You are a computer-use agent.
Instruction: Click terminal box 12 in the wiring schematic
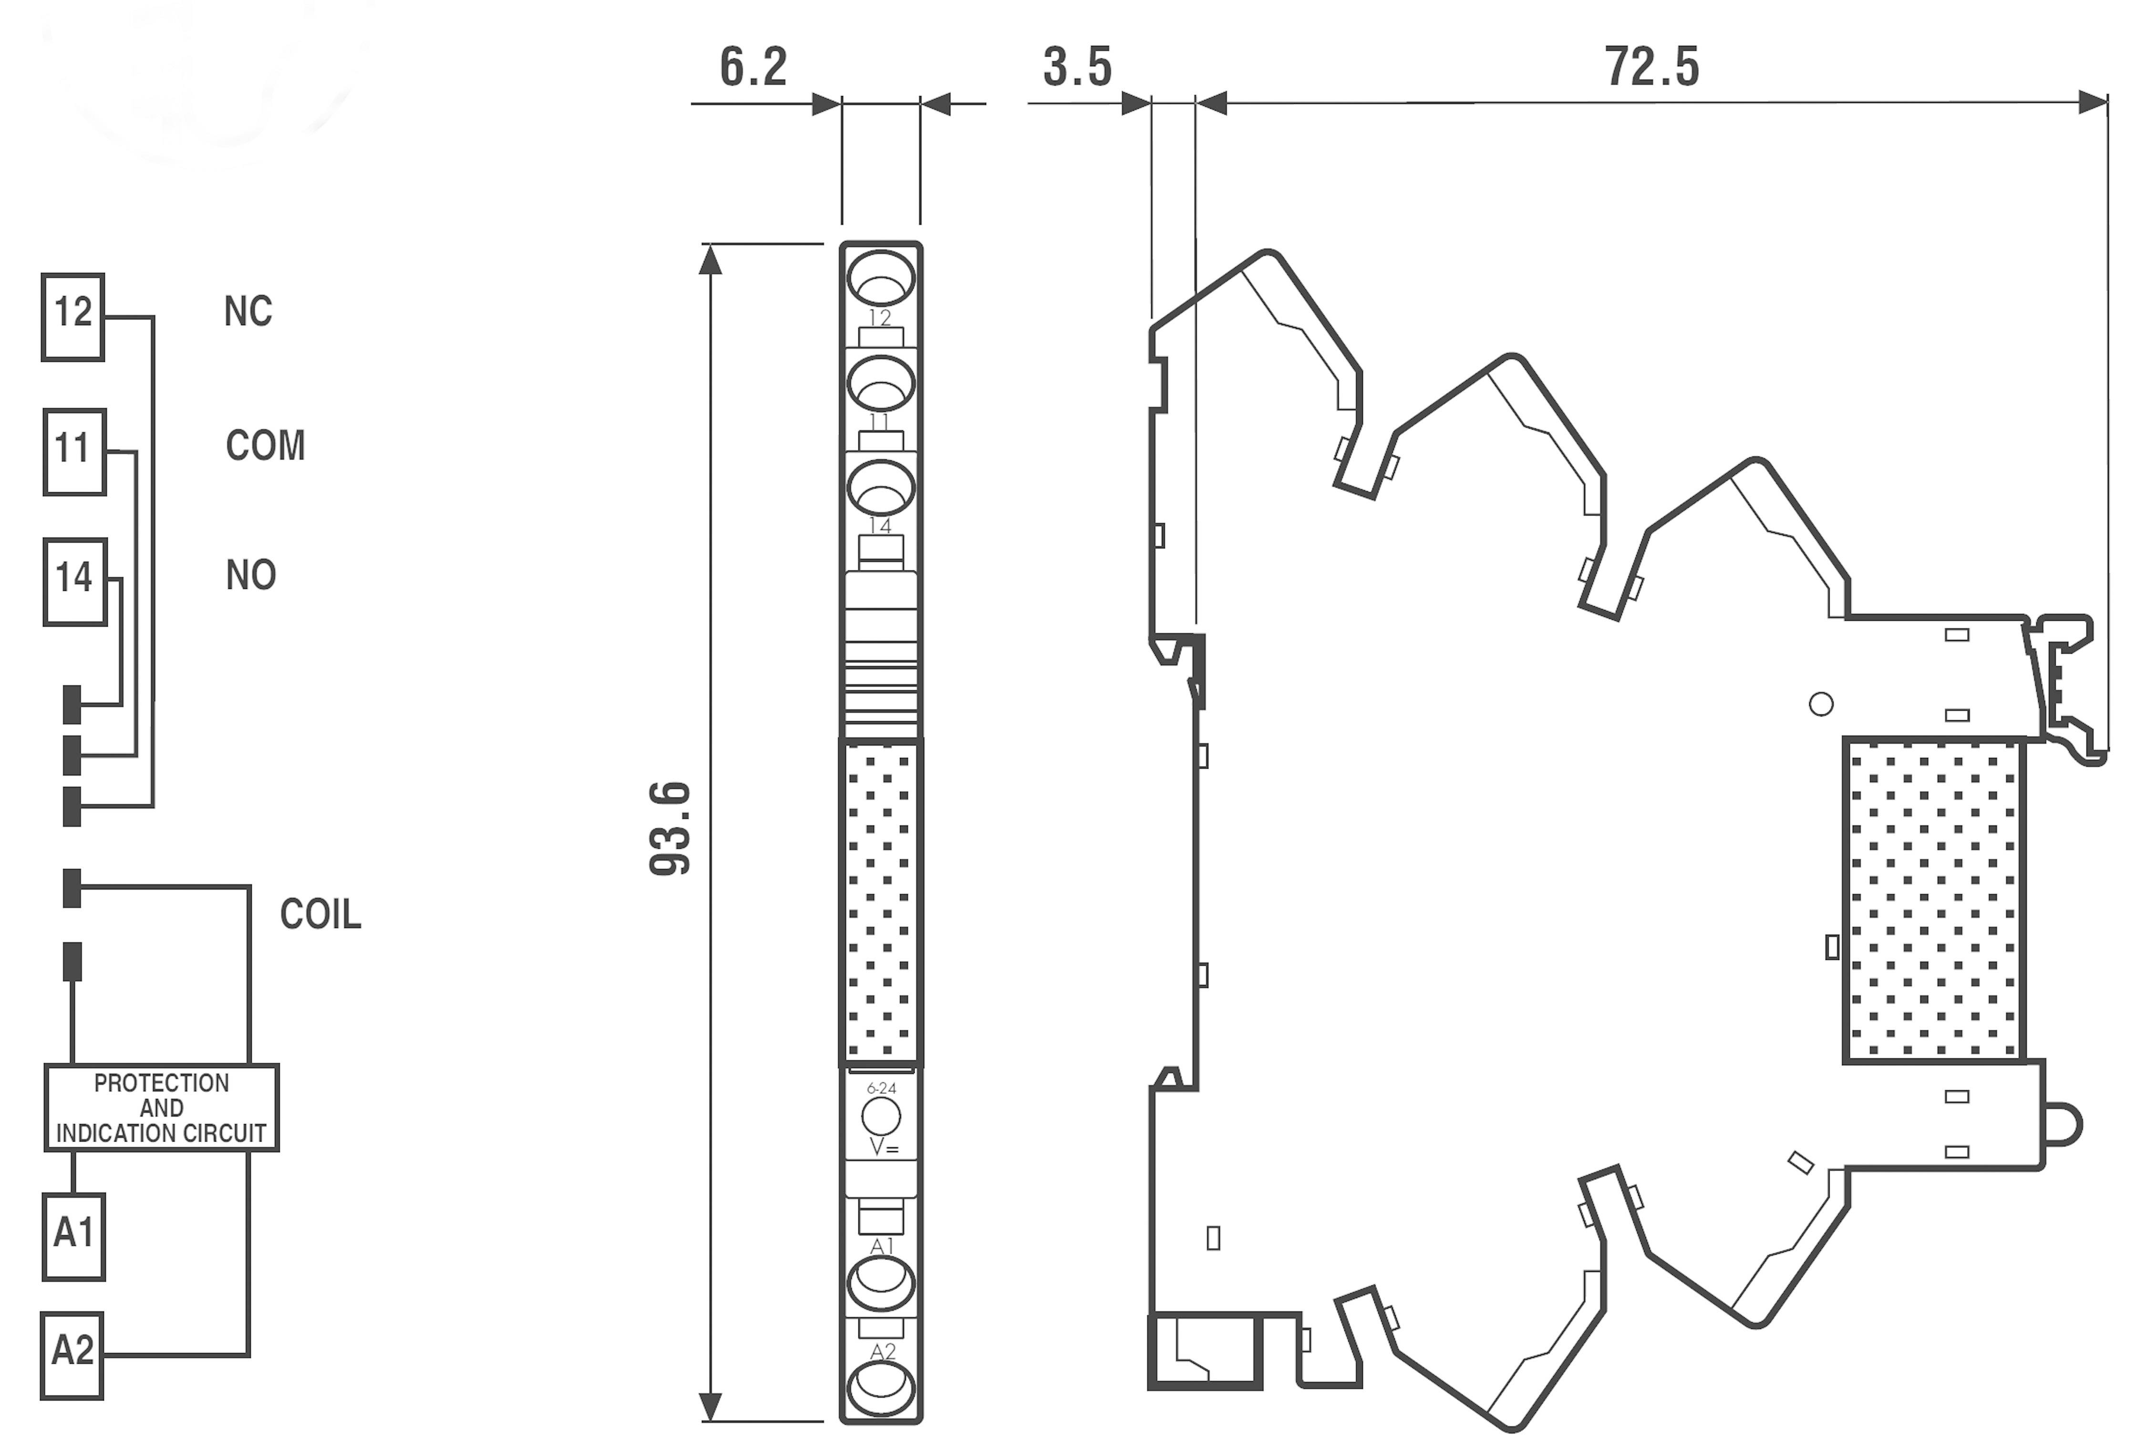(73, 317)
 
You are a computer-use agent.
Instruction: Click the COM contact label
(265, 446)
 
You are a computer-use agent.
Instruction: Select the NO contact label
(250, 575)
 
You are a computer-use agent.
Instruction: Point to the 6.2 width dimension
(753, 67)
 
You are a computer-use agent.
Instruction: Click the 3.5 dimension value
(1078, 67)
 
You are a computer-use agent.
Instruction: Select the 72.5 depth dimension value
(1651, 67)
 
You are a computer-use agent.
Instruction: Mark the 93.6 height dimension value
(671, 828)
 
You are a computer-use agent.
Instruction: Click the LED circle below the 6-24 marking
(881, 1116)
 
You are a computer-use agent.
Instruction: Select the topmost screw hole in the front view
(881, 277)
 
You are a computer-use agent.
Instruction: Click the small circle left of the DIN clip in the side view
(1821, 704)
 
